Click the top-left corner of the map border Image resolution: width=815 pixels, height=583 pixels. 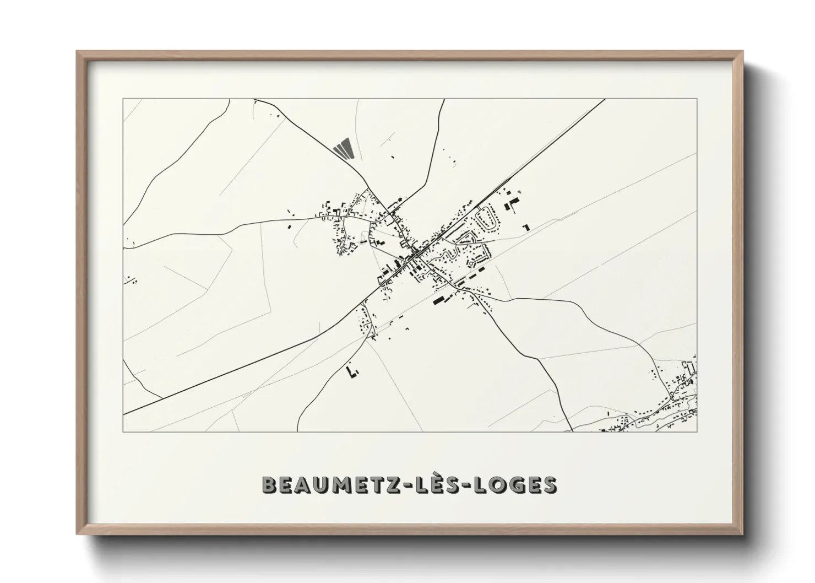click(123, 99)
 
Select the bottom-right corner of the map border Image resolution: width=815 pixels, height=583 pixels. click(697, 431)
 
